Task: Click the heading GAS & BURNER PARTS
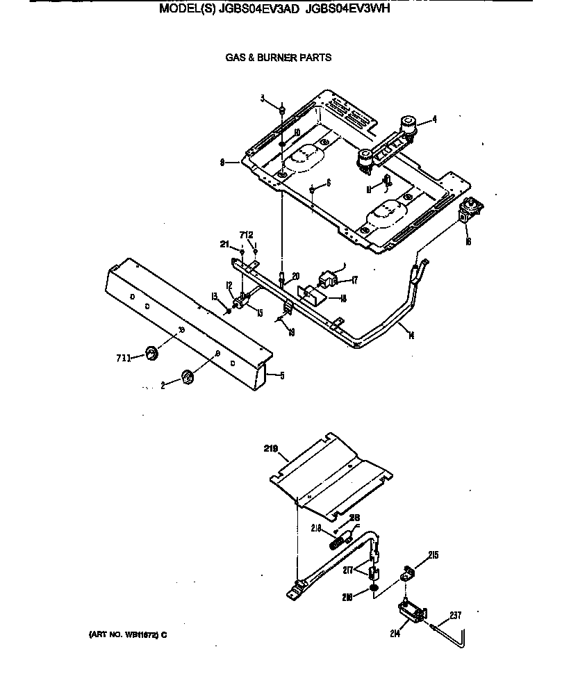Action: click(278, 58)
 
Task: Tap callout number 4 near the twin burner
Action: click(434, 120)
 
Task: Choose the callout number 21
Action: click(224, 243)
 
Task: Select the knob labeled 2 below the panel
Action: click(187, 377)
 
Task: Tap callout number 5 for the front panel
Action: click(281, 376)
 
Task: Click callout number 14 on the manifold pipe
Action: click(411, 336)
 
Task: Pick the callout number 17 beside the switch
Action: click(354, 280)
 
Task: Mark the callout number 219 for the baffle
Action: click(272, 450)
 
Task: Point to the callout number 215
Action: click(433, 555)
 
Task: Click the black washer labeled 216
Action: click(374, 591)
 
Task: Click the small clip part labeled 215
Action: click(408, 575)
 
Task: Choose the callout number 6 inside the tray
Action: click(328, 182)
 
